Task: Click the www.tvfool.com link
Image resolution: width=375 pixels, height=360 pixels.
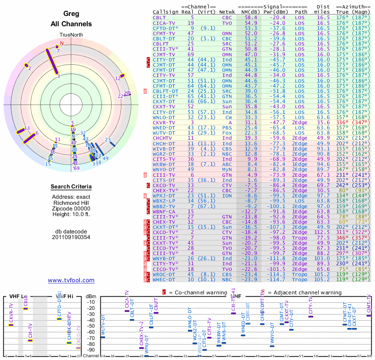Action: (x=71, y=280)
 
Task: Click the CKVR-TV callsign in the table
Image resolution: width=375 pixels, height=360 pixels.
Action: (x=164, y=122)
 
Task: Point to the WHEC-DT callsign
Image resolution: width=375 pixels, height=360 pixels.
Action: (x=164, y=280)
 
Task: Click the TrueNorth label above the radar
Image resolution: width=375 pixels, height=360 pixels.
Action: (x=71, y=35)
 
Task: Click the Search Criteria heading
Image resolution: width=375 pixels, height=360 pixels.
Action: (x=71, y=187)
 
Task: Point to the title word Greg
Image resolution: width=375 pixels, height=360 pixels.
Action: (x=71, y=14)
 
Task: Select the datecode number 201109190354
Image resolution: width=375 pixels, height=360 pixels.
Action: (x=71, y=237)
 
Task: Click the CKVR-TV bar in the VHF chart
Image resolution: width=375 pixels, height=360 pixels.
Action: (x=11, y=325)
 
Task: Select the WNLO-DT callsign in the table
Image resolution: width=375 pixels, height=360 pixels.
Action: (x=164, y=117)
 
